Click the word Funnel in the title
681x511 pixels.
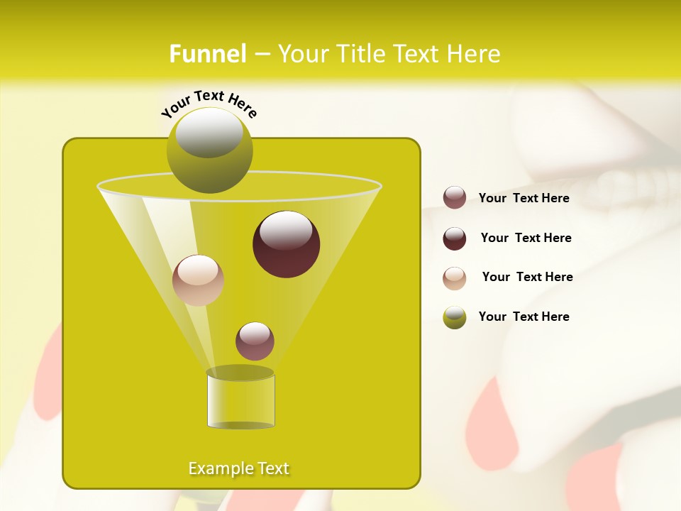click(208, 54)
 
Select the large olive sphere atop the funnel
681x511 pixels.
click(210, 150)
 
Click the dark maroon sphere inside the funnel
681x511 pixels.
click(287, 244)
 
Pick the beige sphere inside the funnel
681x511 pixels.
click(198, 280)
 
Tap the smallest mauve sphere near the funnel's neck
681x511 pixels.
click(255, 341)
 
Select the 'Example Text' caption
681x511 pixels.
click(239, 468)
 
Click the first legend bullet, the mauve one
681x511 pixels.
click(455, 198)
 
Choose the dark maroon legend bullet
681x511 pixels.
click(455, 238)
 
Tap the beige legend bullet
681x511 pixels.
click(455, 278)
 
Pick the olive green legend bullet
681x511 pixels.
click(455, 317)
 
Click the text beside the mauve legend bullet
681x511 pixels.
click(524, 199)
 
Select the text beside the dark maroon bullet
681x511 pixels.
click(526, 238)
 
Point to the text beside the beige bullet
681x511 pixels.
click(527, 277)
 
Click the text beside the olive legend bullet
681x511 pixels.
click(524, 317)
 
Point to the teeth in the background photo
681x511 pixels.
click(638, 188)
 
